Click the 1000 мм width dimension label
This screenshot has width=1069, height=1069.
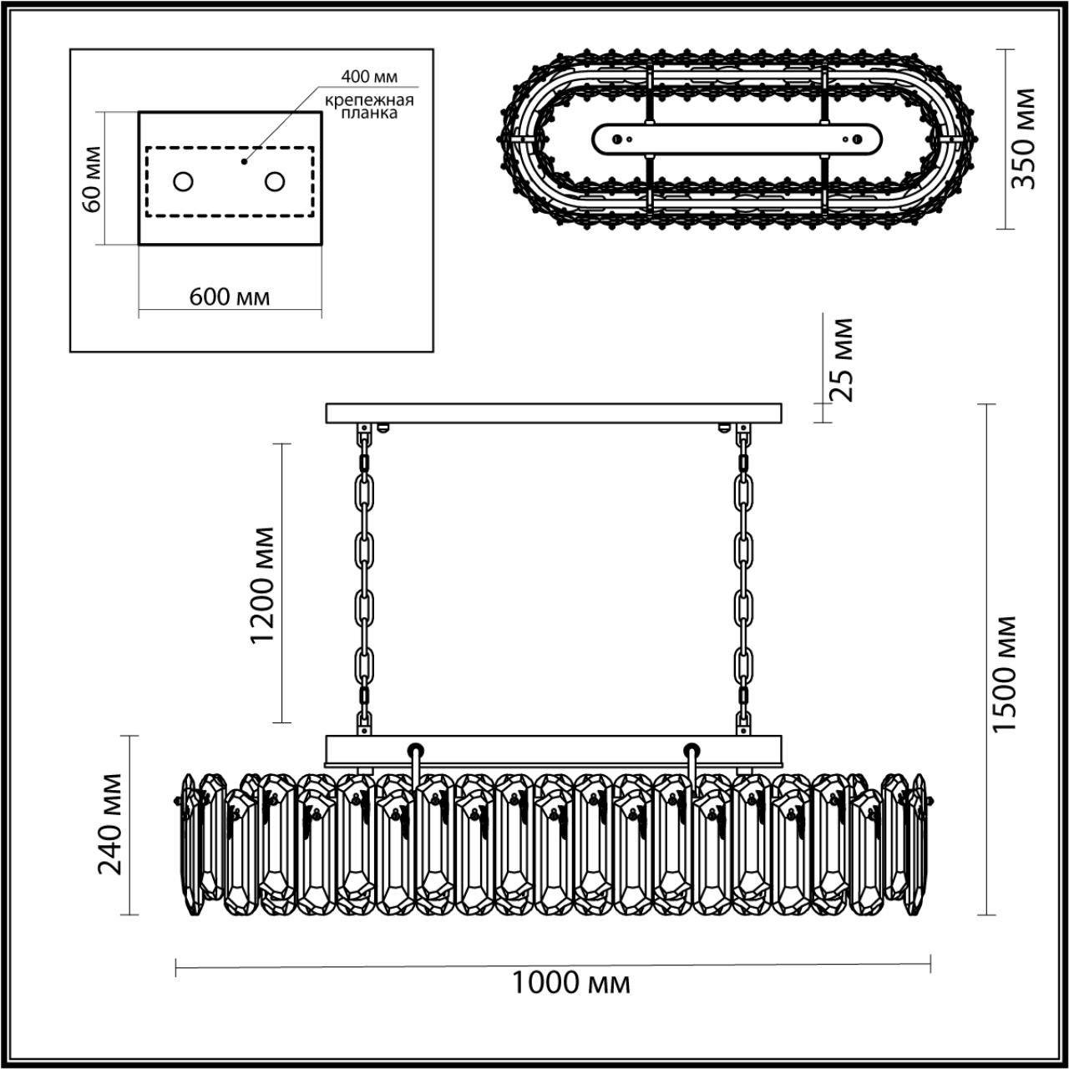tap(570, 983)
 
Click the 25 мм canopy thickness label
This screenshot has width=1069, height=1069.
tap(844, 360)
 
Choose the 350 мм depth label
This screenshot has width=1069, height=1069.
tap(1024, 139)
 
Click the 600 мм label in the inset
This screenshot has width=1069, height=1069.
tap(230, 296)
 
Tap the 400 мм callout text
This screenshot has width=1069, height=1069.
tap(368, 77)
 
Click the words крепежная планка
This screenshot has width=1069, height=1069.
tap(369, 106)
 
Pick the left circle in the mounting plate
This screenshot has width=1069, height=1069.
tap(183, 181)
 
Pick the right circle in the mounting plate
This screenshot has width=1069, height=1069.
tap(276, 181)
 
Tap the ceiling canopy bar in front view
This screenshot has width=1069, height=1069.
tap(554, 413)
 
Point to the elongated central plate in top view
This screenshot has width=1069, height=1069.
tap(737, 139)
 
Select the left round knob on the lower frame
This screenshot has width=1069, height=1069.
tap(415, 747)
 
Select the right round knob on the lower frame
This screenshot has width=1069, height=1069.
tap(691, 747)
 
